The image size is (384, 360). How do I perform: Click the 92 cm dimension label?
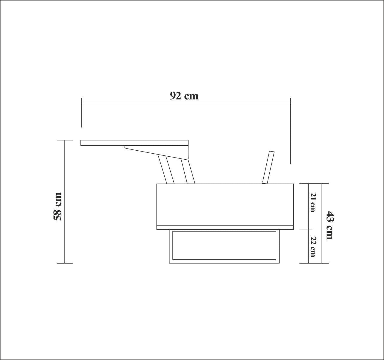click(184, 96)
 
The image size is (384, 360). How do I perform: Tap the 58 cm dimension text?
click(57, 207)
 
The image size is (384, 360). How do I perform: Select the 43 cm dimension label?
click(329, 225)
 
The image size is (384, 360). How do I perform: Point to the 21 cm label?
click(313, 202)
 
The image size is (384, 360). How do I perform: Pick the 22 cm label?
click(313, 247)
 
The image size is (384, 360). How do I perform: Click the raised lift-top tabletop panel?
click(134, 143)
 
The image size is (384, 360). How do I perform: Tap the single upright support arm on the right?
click(268, 167)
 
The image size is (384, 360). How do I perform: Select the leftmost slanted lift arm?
click(166, 170)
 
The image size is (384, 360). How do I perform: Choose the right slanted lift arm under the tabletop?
click(188, 172)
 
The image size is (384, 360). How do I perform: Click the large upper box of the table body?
click(225, 204)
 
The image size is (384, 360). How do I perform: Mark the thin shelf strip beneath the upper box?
click(225, 228)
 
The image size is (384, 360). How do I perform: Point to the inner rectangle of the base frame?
click(224, 245)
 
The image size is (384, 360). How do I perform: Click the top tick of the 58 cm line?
click(65, 140)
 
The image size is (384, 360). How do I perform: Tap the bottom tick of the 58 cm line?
click(65, 263)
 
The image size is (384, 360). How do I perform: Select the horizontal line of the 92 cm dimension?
click(186, 103)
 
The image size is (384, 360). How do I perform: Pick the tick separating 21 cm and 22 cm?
click(309, 229)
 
